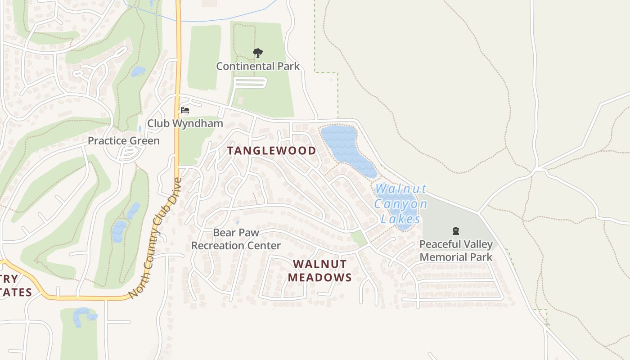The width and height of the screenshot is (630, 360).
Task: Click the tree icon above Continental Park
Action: (x=257, y=53)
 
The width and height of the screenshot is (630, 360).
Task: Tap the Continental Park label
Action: (x=258, y=67)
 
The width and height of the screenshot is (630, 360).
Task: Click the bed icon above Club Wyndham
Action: (x=184, y=110)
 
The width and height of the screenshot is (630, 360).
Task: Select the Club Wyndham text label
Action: (x=185, y=123)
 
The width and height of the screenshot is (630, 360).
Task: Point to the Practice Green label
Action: (x=123, y=141)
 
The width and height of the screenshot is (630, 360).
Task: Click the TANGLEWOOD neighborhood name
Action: (x=271, y=151)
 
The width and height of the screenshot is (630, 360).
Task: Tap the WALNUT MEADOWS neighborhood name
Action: (x=319, y=271)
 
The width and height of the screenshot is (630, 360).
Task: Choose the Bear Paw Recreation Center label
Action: (x=236, y=239)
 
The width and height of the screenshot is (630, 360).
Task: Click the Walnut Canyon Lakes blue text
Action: (x=400, y=204)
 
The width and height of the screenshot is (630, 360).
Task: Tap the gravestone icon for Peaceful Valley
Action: (x=455, y=231)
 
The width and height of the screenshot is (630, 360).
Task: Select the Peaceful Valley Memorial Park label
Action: (x=455, y=251)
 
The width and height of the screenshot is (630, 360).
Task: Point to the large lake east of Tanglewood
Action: (x=344, y=146)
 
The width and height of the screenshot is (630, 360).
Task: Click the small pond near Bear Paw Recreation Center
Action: (x=237, y=222)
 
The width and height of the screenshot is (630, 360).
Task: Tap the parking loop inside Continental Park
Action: (x=250, y=83)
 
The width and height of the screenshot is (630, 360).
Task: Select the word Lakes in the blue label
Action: (x=400, y=220)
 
